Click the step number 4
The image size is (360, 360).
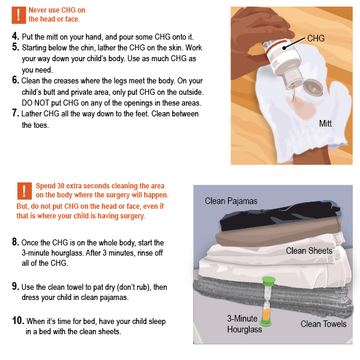click(16, 37)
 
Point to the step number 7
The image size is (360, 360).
click(16, 113)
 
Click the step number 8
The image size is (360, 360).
click(16, 243)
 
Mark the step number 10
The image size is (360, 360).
click(18, 322)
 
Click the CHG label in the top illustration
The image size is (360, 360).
click(316, 38)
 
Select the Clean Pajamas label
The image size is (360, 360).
click(231, 201)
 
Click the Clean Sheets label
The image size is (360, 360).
click(308, 250)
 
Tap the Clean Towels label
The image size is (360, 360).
click(323, 324)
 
